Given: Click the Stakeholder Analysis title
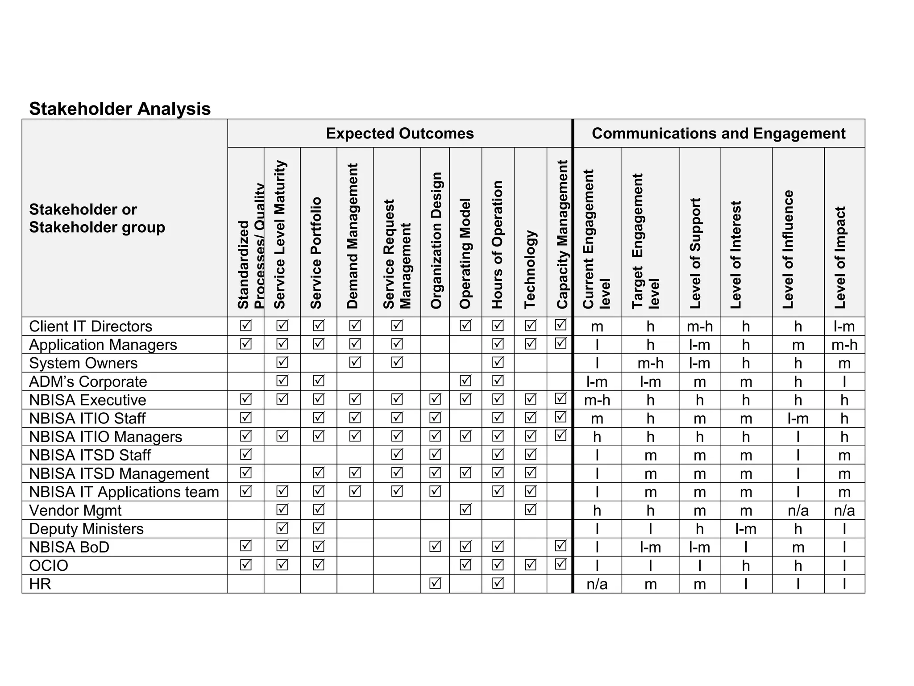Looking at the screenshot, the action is pyautogui.click(x=120, y=109).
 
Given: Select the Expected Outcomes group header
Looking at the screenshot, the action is pyautogui.click(x=399, y=134).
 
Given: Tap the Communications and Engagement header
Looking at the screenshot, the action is pyautogui.click(x=719, y=134).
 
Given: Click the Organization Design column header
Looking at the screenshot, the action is pyautogui.click(x=436, y=240).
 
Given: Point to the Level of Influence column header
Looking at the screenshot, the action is pyautogui.click(x=788, y=249).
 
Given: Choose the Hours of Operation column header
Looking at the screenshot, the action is pyautogui.click(x=497, y=245).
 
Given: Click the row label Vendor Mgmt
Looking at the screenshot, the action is pyautogui.click(x=75, y=510).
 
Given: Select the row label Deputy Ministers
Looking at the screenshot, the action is pyautogui.click(x=86, y=529).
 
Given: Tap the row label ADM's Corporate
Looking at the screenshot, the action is pyautogui.click(x=88, y=382).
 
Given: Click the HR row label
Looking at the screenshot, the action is pyautogui.click(x=40, y=584).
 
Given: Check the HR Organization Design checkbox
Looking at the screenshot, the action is pyautogui.click(x=435, y=583).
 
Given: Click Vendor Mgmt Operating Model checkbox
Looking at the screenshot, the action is pyautogui.click(x=465, y=509).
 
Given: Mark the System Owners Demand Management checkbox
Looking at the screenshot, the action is pyautogui.click(x=355, y=362).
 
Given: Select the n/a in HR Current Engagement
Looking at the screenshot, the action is pyautogui.click(x=597, y=584).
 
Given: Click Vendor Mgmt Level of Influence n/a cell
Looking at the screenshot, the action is pyautogui.click(x=798, y=510).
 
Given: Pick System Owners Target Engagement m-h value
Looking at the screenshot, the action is pyautogui.click(x=650, y=364).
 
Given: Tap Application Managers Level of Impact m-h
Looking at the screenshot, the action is pyautogui.click(x=844, y=345).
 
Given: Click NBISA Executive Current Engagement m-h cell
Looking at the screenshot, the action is pyautogui.click(x=597, y=400).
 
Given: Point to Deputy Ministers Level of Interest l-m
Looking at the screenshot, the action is pyautogui.click(x=746, y=529).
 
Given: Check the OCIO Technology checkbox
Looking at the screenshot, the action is pyautogui.click(x=530, y=565).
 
